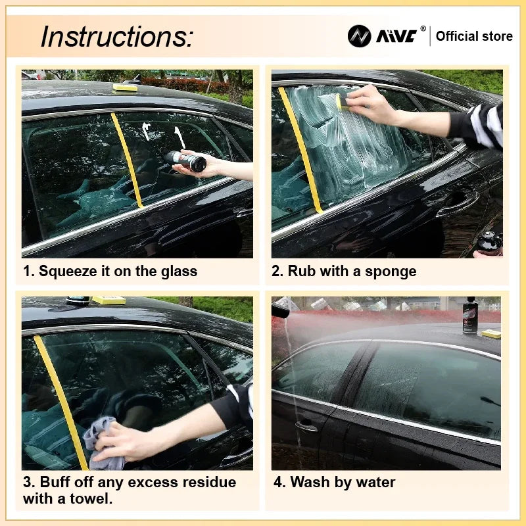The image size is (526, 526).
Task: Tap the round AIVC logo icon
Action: [x=359, y=36]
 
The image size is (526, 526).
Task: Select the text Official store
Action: [x=474, y=36]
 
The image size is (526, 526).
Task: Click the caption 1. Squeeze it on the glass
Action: [x=110, y=270]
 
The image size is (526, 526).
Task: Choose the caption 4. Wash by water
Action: [x=334, y=482]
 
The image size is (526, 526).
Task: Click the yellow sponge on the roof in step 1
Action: [x=125, y=87]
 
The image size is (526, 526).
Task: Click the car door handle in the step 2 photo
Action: [x=456, y=206]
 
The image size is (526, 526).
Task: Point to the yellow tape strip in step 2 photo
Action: [x=300, y=151]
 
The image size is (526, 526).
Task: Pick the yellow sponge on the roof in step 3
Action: [x=108, y=300]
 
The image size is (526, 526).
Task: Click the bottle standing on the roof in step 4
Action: [x=469, y=316]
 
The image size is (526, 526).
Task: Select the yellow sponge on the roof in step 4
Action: [x=490, y=334]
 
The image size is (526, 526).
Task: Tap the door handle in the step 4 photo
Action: [x=306, y=426]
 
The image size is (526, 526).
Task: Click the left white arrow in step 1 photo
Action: [x=146, y=131]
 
